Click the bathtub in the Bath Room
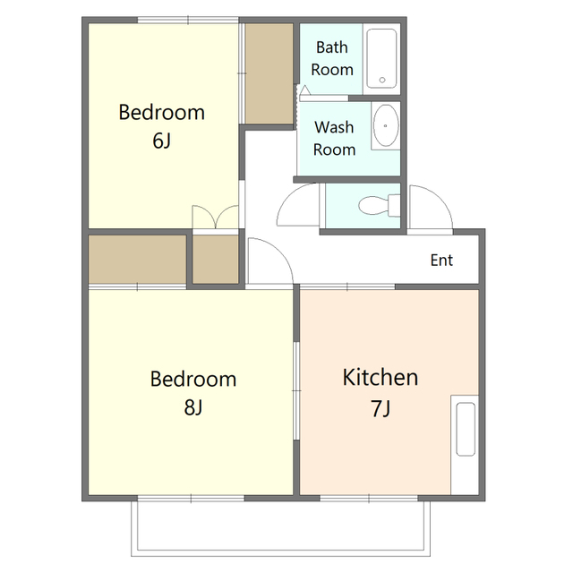coord(381,59)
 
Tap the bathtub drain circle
coord(382,80)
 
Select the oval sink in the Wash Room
coord(386,125)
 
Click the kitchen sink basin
coord(466,429)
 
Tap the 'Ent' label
coord(441,261)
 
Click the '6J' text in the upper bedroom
coord(161,141)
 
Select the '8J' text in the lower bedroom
coord(193,407)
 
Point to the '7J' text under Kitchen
coord(381,408)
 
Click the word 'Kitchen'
coord(380,378)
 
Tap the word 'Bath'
coord(332,47)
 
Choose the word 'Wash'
coord(334,127)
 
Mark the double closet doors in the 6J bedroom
coord(216,217)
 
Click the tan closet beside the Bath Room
coord(269,73)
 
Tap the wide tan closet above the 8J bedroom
coord(137,259)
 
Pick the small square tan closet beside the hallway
coord(216,259)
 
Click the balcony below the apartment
coord(280,528)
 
